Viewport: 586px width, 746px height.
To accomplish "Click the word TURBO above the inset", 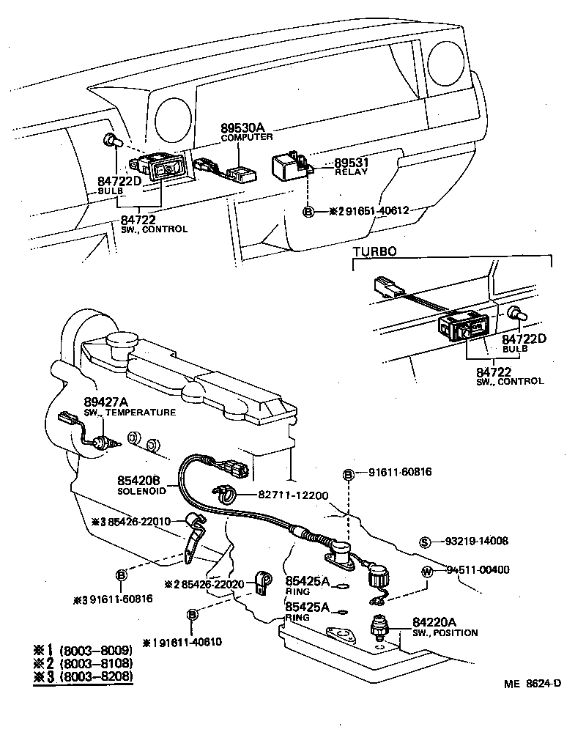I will click(x=374, y=251).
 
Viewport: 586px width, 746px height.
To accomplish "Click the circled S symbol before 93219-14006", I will click(x=425, y=542).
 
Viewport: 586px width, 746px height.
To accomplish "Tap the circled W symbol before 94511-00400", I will click(x=427, y=571).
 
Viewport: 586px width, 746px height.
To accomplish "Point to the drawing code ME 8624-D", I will click(x=533, y=684).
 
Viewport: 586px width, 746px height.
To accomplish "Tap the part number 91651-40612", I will click(x=377, y=211).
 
